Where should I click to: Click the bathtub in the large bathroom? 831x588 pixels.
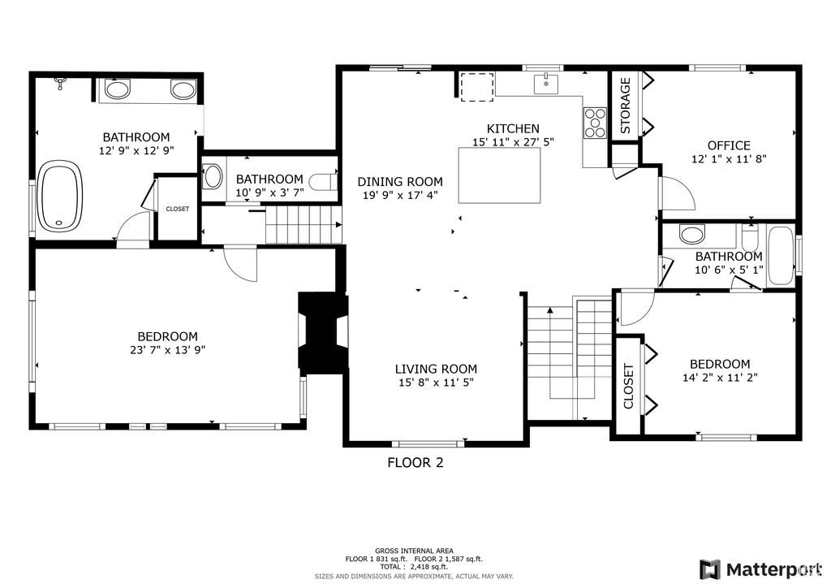pos(60,197)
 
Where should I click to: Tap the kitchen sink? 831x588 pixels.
pos(545,84)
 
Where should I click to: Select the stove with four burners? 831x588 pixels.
pos(595,123)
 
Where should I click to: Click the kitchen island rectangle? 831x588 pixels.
pos(499,175)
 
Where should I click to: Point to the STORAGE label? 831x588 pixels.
pos(626,106)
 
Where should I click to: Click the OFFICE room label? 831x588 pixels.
pos(729,145)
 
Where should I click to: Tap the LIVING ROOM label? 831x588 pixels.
pos(436,369)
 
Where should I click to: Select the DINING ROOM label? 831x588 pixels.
pos(400,182)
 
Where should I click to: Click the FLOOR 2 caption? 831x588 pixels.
pos(415,463)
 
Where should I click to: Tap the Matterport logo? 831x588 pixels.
pos(760,569)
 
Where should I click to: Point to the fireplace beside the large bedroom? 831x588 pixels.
pos(323,332)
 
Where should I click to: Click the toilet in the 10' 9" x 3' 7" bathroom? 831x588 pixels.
pos(323,182)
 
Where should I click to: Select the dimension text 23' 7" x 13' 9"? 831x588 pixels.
pos(167,350)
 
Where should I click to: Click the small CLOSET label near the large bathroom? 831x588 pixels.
pos(177,209)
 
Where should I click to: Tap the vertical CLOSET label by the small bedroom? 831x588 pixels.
pos(629,387)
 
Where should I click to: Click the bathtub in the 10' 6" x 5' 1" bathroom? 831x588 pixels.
pos(780,256)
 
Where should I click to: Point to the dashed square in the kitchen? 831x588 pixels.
pos(477,87)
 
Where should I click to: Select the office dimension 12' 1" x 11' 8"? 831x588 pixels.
pos(729,158)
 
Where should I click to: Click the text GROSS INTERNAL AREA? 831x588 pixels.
pos(414,551)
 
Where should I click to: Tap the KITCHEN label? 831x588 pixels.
pos(513,129)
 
